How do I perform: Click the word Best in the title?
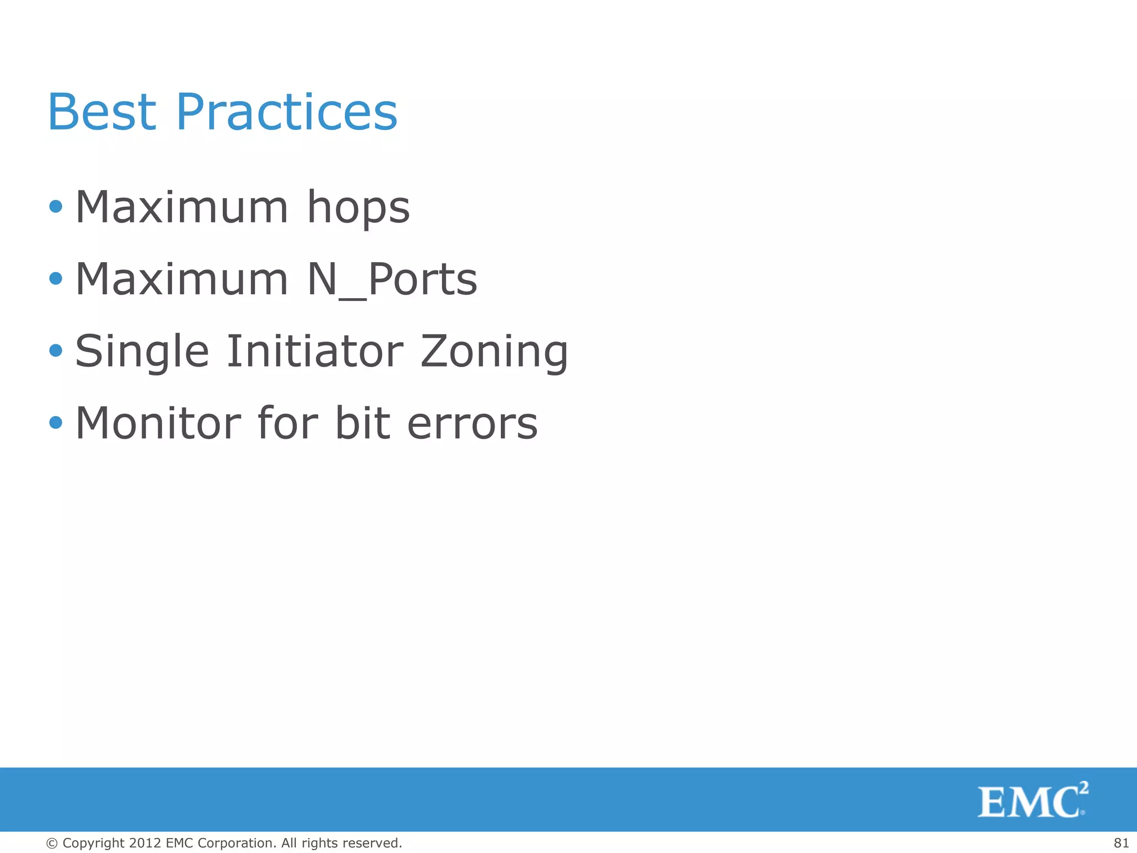[x=102, y=112]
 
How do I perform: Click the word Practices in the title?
[x=286, y=112]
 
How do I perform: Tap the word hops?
[x=358, y=208]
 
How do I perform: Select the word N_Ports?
[x=392, y=279]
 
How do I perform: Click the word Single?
[x=142, y=352]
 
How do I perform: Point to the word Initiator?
[x=315, y=351]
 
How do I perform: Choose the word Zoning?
[x=494, y=352]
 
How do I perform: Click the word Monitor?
[x=158, y=423]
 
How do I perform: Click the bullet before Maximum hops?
[x=56, y=207]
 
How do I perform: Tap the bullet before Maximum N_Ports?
[x=56, y=278]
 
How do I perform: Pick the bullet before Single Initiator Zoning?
[x=56, y=350]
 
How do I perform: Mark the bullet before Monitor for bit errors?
[x=56, y=423]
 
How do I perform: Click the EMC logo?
[x=1032, y=800]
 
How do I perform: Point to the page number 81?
[x=1121, y=843]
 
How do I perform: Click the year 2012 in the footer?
[x=145, y=843]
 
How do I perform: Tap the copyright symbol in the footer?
[x=52, y=843]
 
